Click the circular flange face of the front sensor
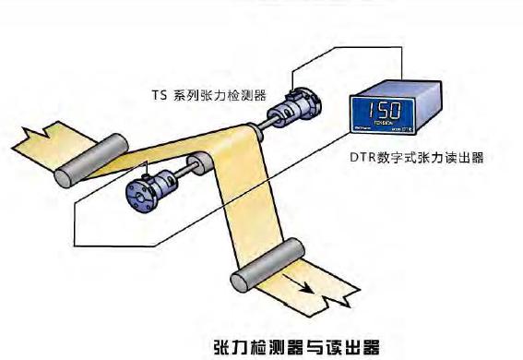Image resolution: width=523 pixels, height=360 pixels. click(x=139, y=191)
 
